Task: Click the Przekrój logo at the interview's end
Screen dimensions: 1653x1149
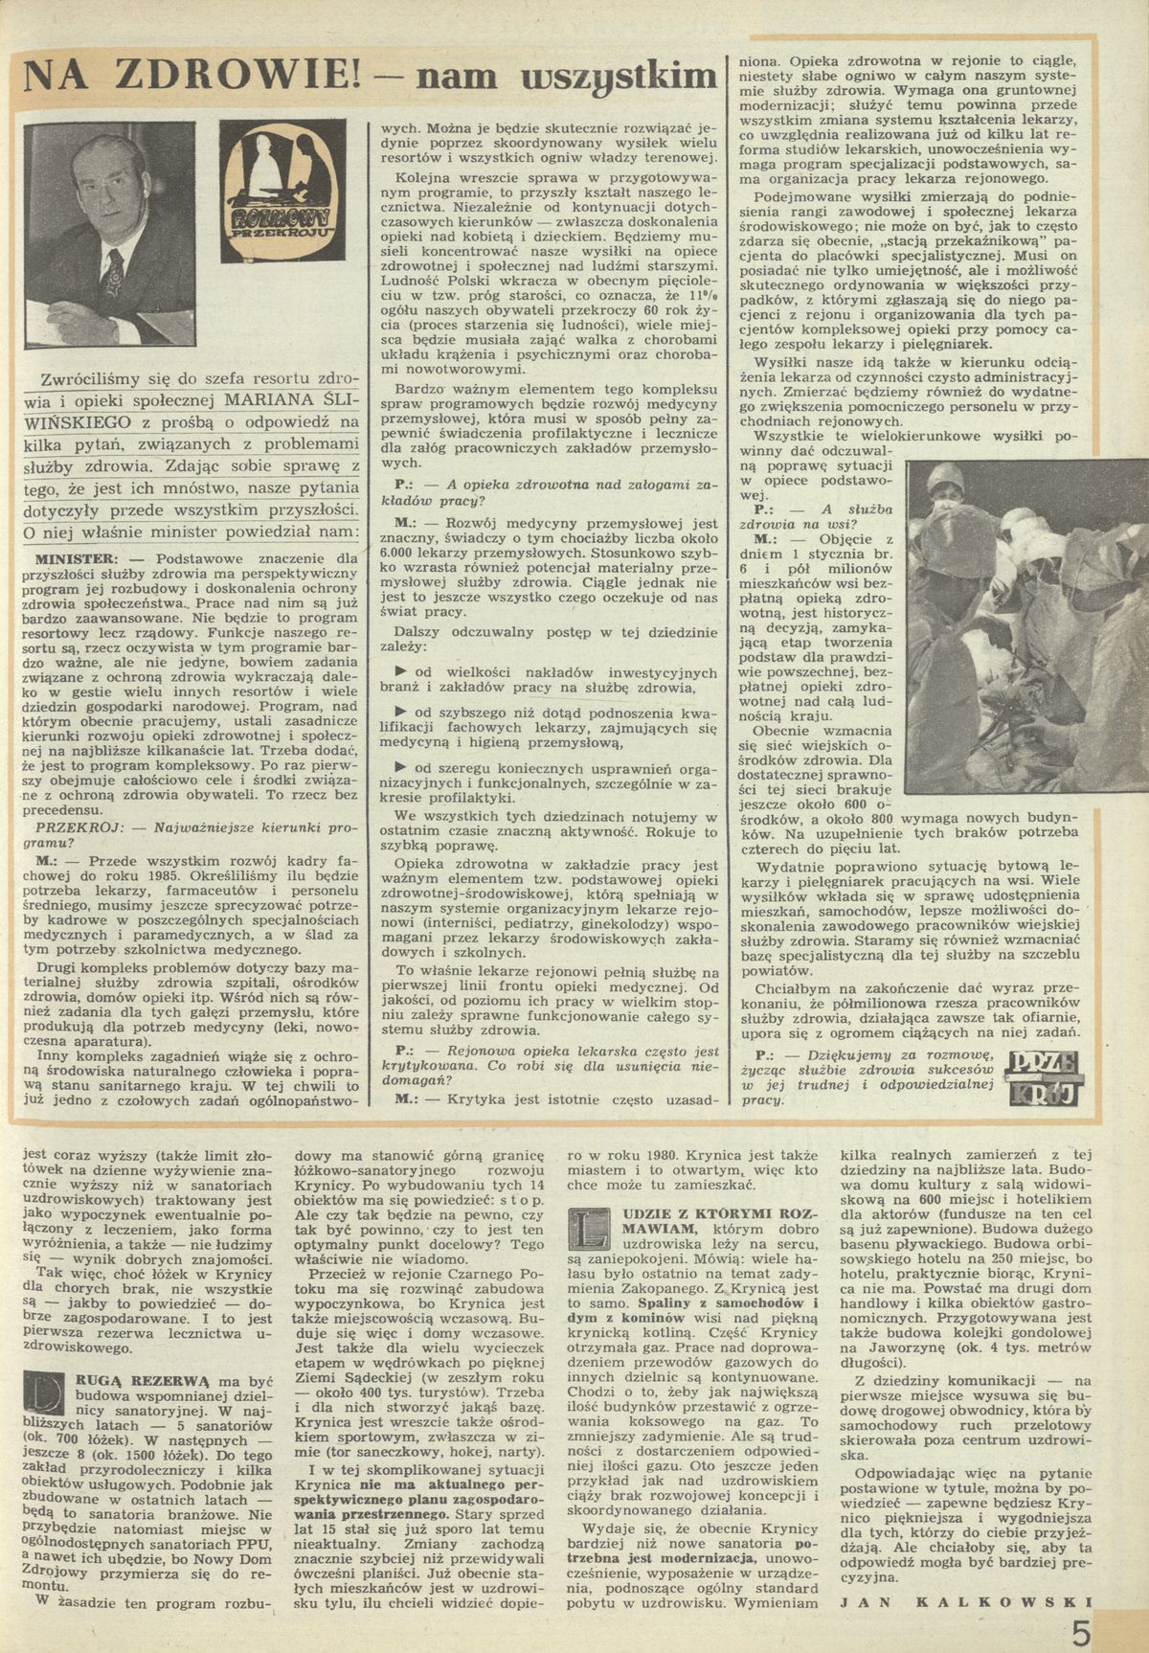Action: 1044,1077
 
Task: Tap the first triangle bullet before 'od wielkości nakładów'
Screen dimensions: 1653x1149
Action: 400,667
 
